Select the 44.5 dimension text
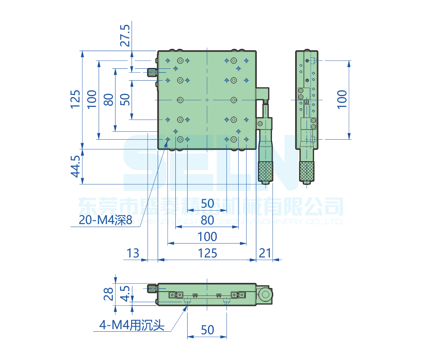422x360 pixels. coord(75,166)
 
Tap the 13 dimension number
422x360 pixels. coord(132,253)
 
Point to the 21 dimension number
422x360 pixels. coord(265,253)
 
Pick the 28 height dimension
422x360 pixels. coord(109,294)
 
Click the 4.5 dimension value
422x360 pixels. coord(125,294)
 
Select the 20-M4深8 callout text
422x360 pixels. coord(105,220)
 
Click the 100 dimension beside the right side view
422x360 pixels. coord(342,100)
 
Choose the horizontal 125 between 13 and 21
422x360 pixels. coord(207,253)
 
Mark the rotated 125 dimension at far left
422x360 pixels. coord(75,100)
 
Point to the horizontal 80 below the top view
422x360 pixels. coord(207,220)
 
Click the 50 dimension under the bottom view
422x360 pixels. coord(207,330)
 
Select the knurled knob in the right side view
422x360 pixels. coord(307,171)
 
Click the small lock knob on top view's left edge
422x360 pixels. coord(152,73)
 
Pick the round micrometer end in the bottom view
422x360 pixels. coord(265,294)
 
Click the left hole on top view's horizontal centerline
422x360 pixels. coord(180,100)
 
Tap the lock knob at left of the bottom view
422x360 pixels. coord(152,289)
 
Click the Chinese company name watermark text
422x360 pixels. coord(211,207)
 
